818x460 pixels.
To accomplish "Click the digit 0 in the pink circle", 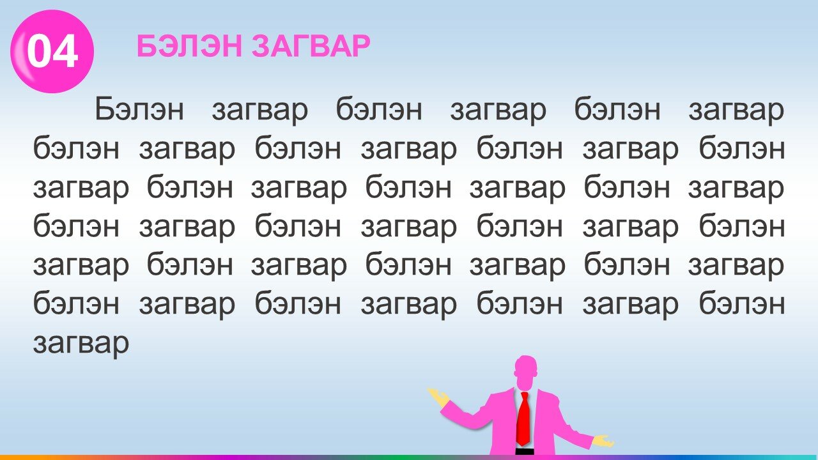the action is pos(39,51).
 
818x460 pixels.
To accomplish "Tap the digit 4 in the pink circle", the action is pos(65,51).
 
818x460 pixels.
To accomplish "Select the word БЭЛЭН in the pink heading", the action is pos(190,47).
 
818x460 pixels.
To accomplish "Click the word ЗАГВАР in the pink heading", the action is pos(311,47).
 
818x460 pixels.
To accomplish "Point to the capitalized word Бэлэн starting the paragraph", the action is pos(139,109).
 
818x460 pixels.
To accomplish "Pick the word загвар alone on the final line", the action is pos(81,343).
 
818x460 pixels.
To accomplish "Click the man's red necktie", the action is pos(523,418).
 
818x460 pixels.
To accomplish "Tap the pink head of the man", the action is pos(526,372).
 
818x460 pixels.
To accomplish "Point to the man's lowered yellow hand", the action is pos(603,441).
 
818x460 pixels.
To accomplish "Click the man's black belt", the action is pos(525,452).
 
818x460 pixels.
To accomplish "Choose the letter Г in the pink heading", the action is pos(300,47).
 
